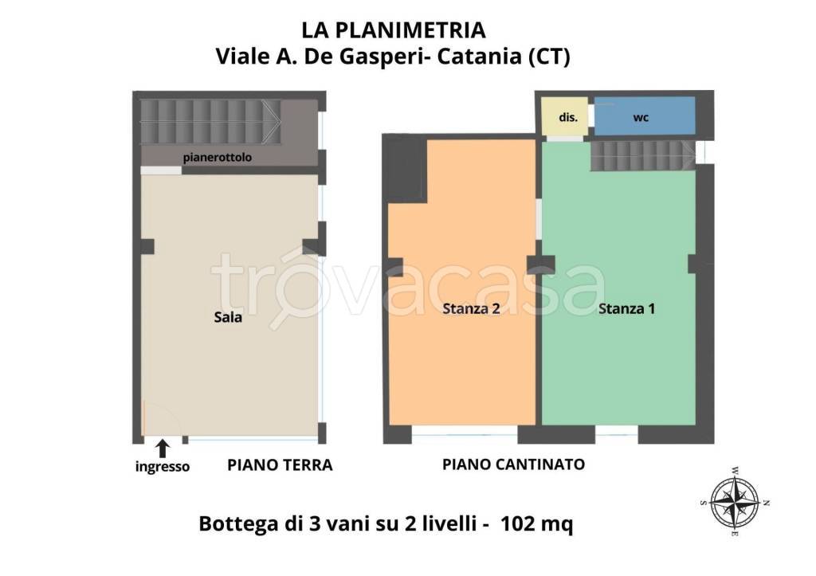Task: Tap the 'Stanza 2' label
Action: click(x=471, y=310)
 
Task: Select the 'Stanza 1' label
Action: click(x=626, y=308)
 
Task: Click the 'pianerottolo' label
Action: click(x=217, y=158)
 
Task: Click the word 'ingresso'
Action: click(x=163, y=467)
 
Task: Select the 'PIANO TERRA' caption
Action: click(x=279, y=464)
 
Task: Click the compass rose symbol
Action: click(x=733, y=503)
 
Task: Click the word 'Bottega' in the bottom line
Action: click(x=231, y=525)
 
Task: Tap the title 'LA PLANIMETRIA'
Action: click(x=393, y=30)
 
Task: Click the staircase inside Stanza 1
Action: click(x=641, y=155)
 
